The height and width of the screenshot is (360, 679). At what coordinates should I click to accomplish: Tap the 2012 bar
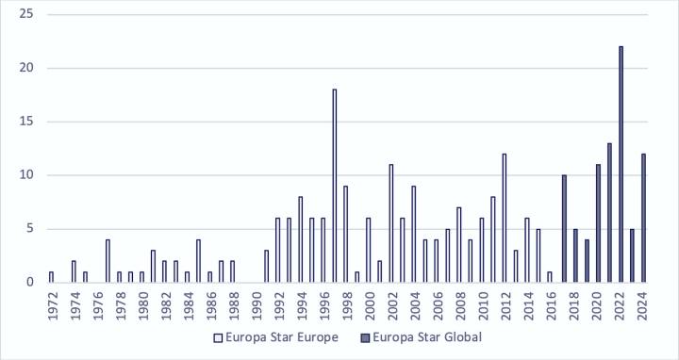click(504, 218)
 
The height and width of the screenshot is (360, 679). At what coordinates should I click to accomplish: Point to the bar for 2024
click(643, 218)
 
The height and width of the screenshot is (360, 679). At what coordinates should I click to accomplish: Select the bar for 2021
click(609, 212)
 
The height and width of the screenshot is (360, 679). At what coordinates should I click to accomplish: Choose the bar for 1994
click(300, 239)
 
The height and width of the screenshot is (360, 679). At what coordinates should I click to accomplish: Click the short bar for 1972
click(51, 276)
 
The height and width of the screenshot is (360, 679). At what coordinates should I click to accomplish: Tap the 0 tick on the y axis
click(29, 282)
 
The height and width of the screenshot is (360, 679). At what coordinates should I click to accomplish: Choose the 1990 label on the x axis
click(255, 303)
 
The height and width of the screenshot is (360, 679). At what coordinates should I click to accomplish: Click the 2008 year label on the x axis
click(458, 303)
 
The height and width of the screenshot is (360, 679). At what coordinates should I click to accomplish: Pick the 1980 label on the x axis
click(141, 303)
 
